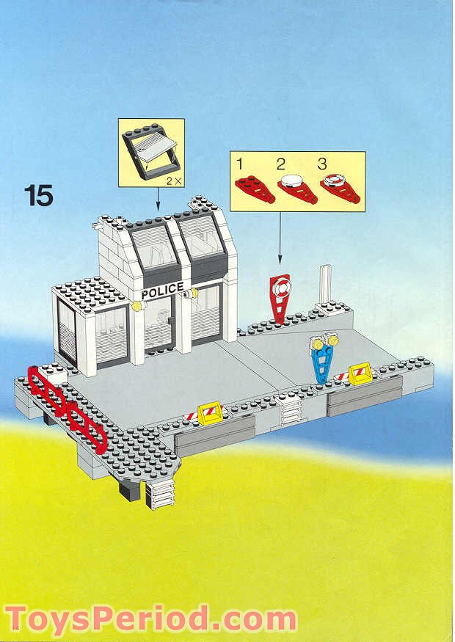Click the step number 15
38,195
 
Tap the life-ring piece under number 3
338,189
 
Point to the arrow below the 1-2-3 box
280,238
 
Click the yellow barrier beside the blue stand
359,374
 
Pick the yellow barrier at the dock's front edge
209,413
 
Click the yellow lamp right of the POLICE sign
192,293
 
